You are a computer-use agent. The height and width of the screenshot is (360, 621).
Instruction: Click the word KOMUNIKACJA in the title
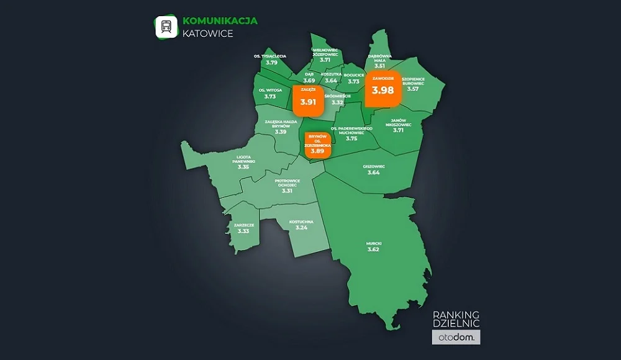point(220,20)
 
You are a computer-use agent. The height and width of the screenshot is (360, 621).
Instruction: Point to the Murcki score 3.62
point(373,249)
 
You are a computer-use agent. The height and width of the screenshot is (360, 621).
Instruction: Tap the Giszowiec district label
point(373,166)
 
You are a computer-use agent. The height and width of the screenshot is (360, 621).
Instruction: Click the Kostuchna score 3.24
point(302,228)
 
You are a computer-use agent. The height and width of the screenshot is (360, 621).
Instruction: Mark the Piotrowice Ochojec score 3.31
point(287,191)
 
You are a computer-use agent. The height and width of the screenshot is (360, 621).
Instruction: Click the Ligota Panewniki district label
point(243,160)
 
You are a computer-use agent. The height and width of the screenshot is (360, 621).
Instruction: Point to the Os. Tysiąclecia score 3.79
point(271,62)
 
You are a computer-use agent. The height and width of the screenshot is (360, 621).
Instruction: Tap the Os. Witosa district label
point(270,90)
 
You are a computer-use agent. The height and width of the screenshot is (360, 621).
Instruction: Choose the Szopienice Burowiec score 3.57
point(413,89)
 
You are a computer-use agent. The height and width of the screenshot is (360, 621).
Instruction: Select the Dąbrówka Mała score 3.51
point(381,65)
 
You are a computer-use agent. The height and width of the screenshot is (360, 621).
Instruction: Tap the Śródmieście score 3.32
point(337,102)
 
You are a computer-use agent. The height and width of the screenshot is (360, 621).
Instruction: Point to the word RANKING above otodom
point(456,315)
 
